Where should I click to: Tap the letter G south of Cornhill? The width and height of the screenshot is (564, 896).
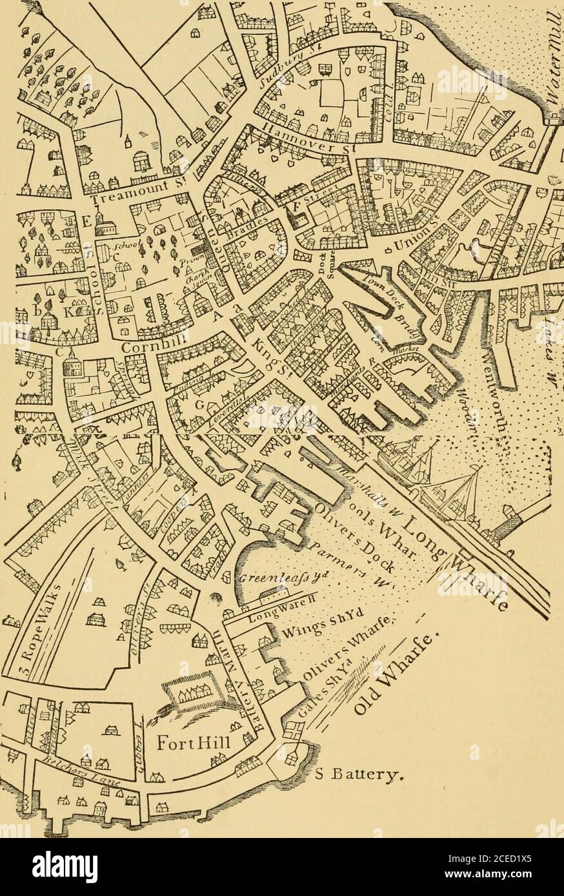click(182, 405)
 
